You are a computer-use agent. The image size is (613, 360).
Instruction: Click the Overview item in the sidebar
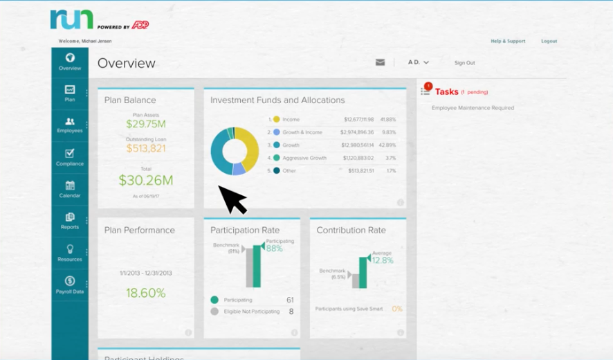point(70,62)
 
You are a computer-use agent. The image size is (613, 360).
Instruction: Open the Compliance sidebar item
point(70,157)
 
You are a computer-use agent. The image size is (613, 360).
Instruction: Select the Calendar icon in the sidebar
point(70,189)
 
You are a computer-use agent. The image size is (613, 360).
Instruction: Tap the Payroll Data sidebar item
point(70,285)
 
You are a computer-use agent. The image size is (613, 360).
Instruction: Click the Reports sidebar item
point(70,221)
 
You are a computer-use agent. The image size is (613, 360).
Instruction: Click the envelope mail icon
point(380,62)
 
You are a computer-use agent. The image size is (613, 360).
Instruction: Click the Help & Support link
point(508,42)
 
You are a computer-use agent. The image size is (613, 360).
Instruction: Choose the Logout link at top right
point(549,42)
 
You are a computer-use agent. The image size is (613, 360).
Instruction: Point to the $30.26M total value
point(145,181)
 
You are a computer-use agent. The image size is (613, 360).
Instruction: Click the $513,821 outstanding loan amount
point(145,148)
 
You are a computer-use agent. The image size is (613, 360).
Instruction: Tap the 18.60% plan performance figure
point(145,293)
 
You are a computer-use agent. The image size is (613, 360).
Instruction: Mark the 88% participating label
point(274,249)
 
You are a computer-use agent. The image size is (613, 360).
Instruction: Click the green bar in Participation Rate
point(257,267)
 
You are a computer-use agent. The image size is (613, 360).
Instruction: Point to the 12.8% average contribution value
point(382,260)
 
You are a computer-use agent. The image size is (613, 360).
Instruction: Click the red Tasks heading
point(447,91)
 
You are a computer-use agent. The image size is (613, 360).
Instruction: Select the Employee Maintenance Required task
point(473,108)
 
